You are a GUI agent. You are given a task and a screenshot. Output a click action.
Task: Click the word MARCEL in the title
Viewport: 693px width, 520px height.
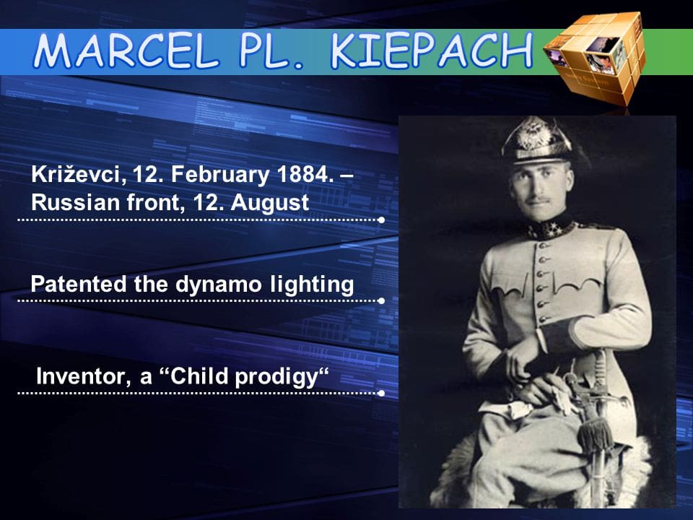(126, 51)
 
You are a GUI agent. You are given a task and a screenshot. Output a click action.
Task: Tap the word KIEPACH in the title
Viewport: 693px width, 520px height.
(432, 51)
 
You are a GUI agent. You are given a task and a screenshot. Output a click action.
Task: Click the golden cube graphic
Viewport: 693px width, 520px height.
(594, 58)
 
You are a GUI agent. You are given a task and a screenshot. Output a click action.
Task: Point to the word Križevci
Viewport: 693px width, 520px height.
(79, 175)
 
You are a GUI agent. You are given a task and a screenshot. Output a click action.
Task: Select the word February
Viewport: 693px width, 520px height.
(220, 175)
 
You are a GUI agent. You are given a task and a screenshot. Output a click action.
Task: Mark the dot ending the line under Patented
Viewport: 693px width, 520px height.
(381, 300)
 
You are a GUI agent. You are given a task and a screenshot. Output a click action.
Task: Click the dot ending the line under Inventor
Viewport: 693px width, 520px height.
(381, 393)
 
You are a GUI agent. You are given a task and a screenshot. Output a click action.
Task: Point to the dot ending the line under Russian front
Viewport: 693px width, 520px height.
(381, 220)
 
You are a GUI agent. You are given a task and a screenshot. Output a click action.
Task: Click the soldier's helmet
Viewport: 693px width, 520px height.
(536, 140)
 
